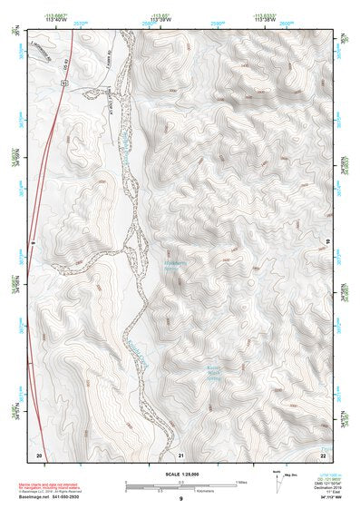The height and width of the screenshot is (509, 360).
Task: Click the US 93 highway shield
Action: [x=63, y=83]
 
